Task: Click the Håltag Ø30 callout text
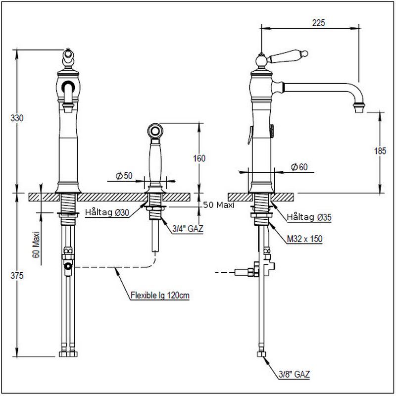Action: (107, 213)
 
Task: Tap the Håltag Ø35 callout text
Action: (309, 217)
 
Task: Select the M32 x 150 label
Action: (305, 239)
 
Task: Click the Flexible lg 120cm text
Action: (160, 296)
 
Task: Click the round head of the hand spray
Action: (155, 132)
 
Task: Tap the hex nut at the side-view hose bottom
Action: (261, 354)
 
